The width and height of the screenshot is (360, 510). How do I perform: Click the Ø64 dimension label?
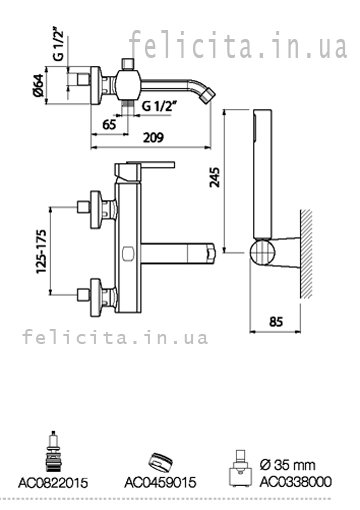pos(38,85)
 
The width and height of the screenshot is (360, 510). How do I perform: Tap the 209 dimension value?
pos(153,137)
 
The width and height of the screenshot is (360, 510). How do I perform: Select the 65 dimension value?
pos(110,124)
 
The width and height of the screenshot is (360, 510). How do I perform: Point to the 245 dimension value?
pos(215,177)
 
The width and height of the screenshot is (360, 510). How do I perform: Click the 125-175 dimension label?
pos(42,252)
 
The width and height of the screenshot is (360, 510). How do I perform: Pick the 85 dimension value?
pos(276,322)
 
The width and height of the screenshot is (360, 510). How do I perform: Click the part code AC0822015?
pos(53,483)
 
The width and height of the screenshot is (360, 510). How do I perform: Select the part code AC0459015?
pos(160,482)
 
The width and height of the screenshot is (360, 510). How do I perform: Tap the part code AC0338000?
pos(296,482)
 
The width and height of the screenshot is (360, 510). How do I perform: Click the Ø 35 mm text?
pos(287,465)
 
